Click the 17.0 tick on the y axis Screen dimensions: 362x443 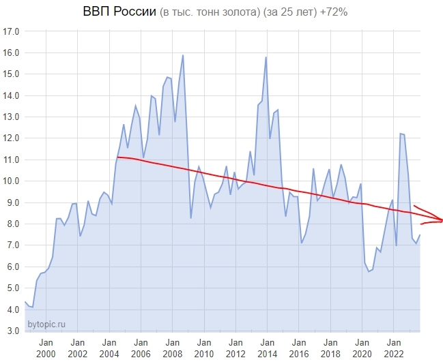click(11, 31)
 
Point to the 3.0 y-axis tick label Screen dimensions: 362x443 click(11, 331)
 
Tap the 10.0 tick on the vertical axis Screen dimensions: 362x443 click(11, 181)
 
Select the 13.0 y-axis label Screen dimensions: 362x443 click(11, 117)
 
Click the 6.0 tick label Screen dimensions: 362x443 click(11, 267)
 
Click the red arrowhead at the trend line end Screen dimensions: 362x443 click(440, 220)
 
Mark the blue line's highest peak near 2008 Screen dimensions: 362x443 click(183, 55)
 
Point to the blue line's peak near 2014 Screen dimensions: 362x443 click(266, 57)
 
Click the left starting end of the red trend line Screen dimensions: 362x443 click(117, 157)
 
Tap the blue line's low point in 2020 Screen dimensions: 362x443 click(369, 271)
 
